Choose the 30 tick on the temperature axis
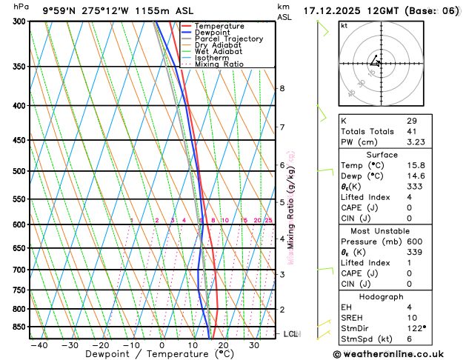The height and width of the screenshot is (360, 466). (253, 345)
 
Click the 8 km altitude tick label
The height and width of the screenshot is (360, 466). (282, 89)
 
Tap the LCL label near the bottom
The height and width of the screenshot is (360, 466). (291, 334)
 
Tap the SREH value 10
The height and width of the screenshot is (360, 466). (411, 317)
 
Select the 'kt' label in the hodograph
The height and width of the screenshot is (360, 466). (344, 26)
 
